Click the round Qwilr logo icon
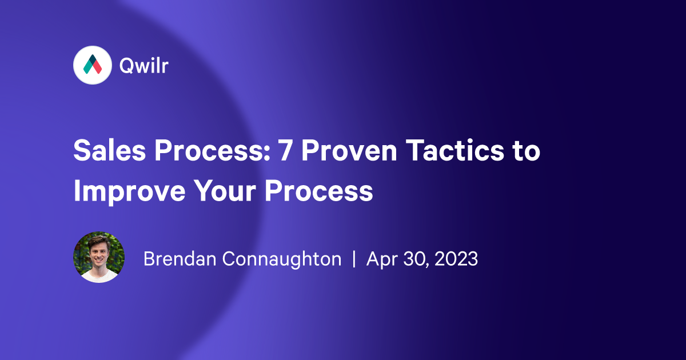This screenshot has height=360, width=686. coord(92,66)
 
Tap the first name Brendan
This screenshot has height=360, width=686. coord(181,259)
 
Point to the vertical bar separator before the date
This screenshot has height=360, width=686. coord(354,259)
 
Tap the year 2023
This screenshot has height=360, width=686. coord(456,259)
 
